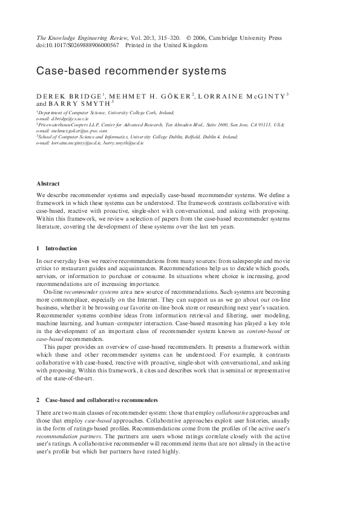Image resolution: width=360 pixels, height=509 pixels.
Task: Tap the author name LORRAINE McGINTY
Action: [x=243, y=95]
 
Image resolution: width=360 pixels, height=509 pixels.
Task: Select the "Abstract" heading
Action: [x=48, y=183]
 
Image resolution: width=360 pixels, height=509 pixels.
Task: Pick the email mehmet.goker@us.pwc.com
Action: [x=79, y=130]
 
